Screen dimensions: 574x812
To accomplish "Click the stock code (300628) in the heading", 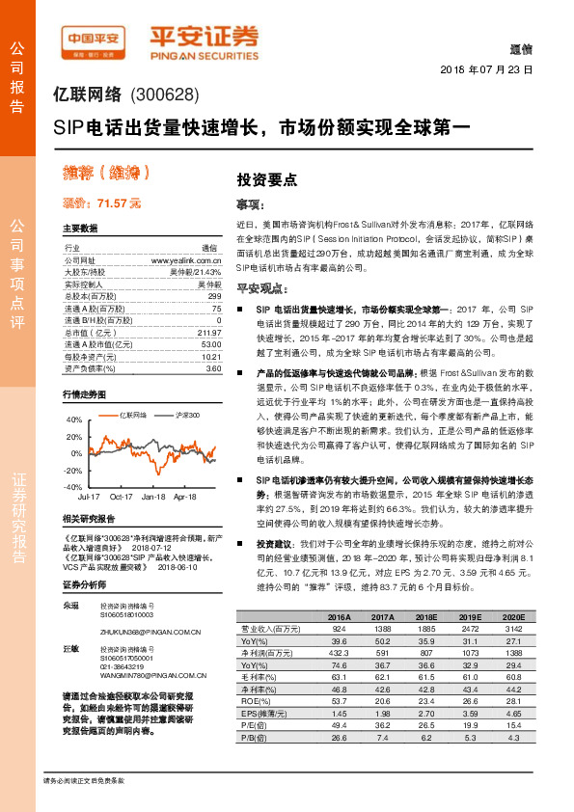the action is coord(162,95).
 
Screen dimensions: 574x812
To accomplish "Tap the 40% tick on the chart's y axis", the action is coord(74,421).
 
